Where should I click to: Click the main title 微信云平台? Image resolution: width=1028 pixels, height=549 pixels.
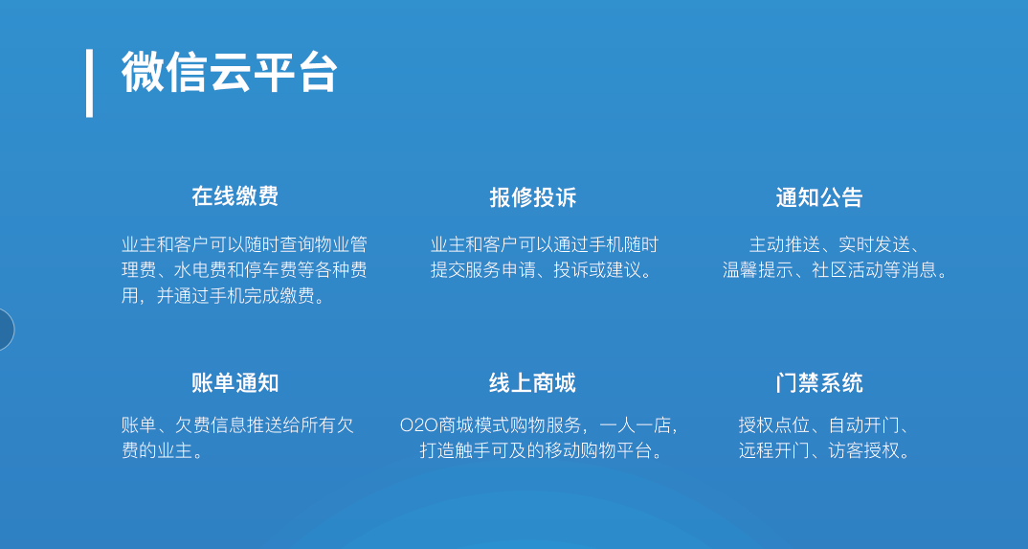(229, 72)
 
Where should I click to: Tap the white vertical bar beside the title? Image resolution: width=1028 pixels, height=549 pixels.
(89, 82)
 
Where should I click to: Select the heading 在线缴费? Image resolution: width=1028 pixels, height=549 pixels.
(235, 196)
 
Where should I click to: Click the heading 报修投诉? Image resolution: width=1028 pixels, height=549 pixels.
(532, 197)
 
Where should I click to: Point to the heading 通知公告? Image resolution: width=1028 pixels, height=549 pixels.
(819, 197)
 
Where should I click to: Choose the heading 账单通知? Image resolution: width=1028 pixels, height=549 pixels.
(235, 383)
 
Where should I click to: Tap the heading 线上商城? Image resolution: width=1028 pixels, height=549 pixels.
(532, 383)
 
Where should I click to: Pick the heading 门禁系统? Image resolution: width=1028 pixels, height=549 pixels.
(819, 383)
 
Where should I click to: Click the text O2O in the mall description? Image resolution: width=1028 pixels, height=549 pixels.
(418, 425)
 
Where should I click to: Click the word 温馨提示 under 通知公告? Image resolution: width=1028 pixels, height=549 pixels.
(757, 270)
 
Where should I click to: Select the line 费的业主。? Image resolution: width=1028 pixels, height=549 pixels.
(162, 451)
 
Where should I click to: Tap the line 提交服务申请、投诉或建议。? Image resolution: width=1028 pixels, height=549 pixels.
(542, 270)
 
